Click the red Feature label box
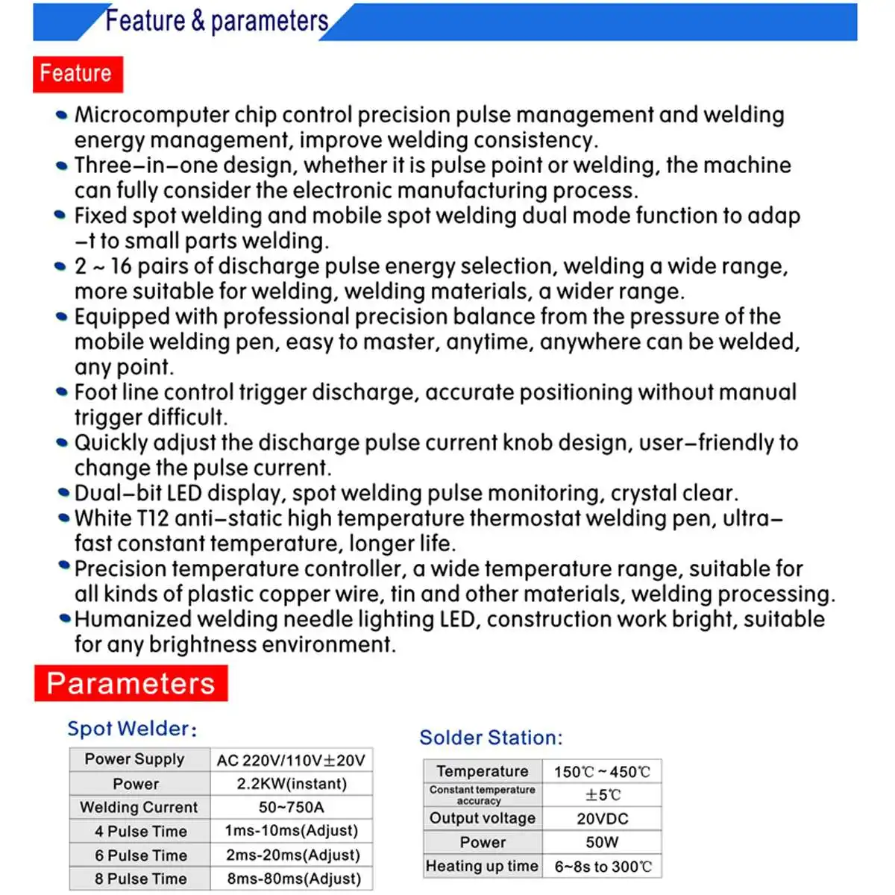point(77,74)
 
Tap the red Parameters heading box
point(131,683)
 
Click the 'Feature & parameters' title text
point(216,21)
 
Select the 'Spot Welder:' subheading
point(132,729)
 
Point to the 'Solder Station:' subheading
point(491,738)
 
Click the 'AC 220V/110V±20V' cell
point(291,760)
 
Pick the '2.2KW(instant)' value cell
point(292,784)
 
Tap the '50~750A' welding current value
point(292,807)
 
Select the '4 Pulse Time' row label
point(140,831)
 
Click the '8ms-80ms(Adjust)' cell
point(293,879)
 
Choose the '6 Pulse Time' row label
point(140,855)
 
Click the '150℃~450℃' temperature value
point(602,772)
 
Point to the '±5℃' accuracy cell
point(603,795)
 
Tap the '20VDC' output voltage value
point(602,819)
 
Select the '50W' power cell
point(602,842)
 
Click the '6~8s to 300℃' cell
point(603,867)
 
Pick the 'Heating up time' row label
point(482,866)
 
